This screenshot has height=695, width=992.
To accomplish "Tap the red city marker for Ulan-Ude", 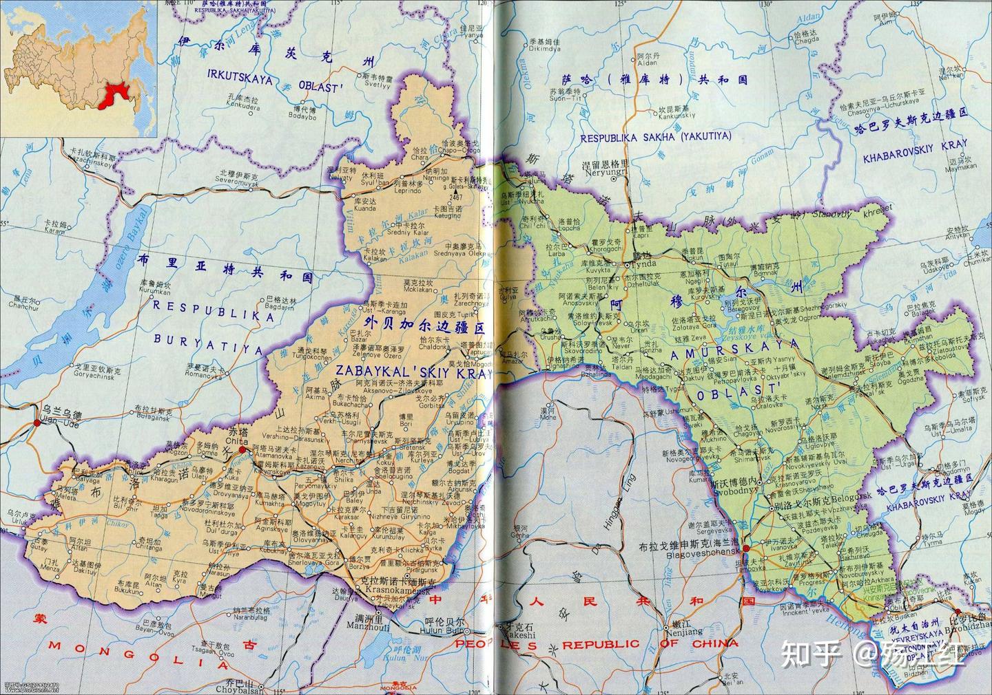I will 36,423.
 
